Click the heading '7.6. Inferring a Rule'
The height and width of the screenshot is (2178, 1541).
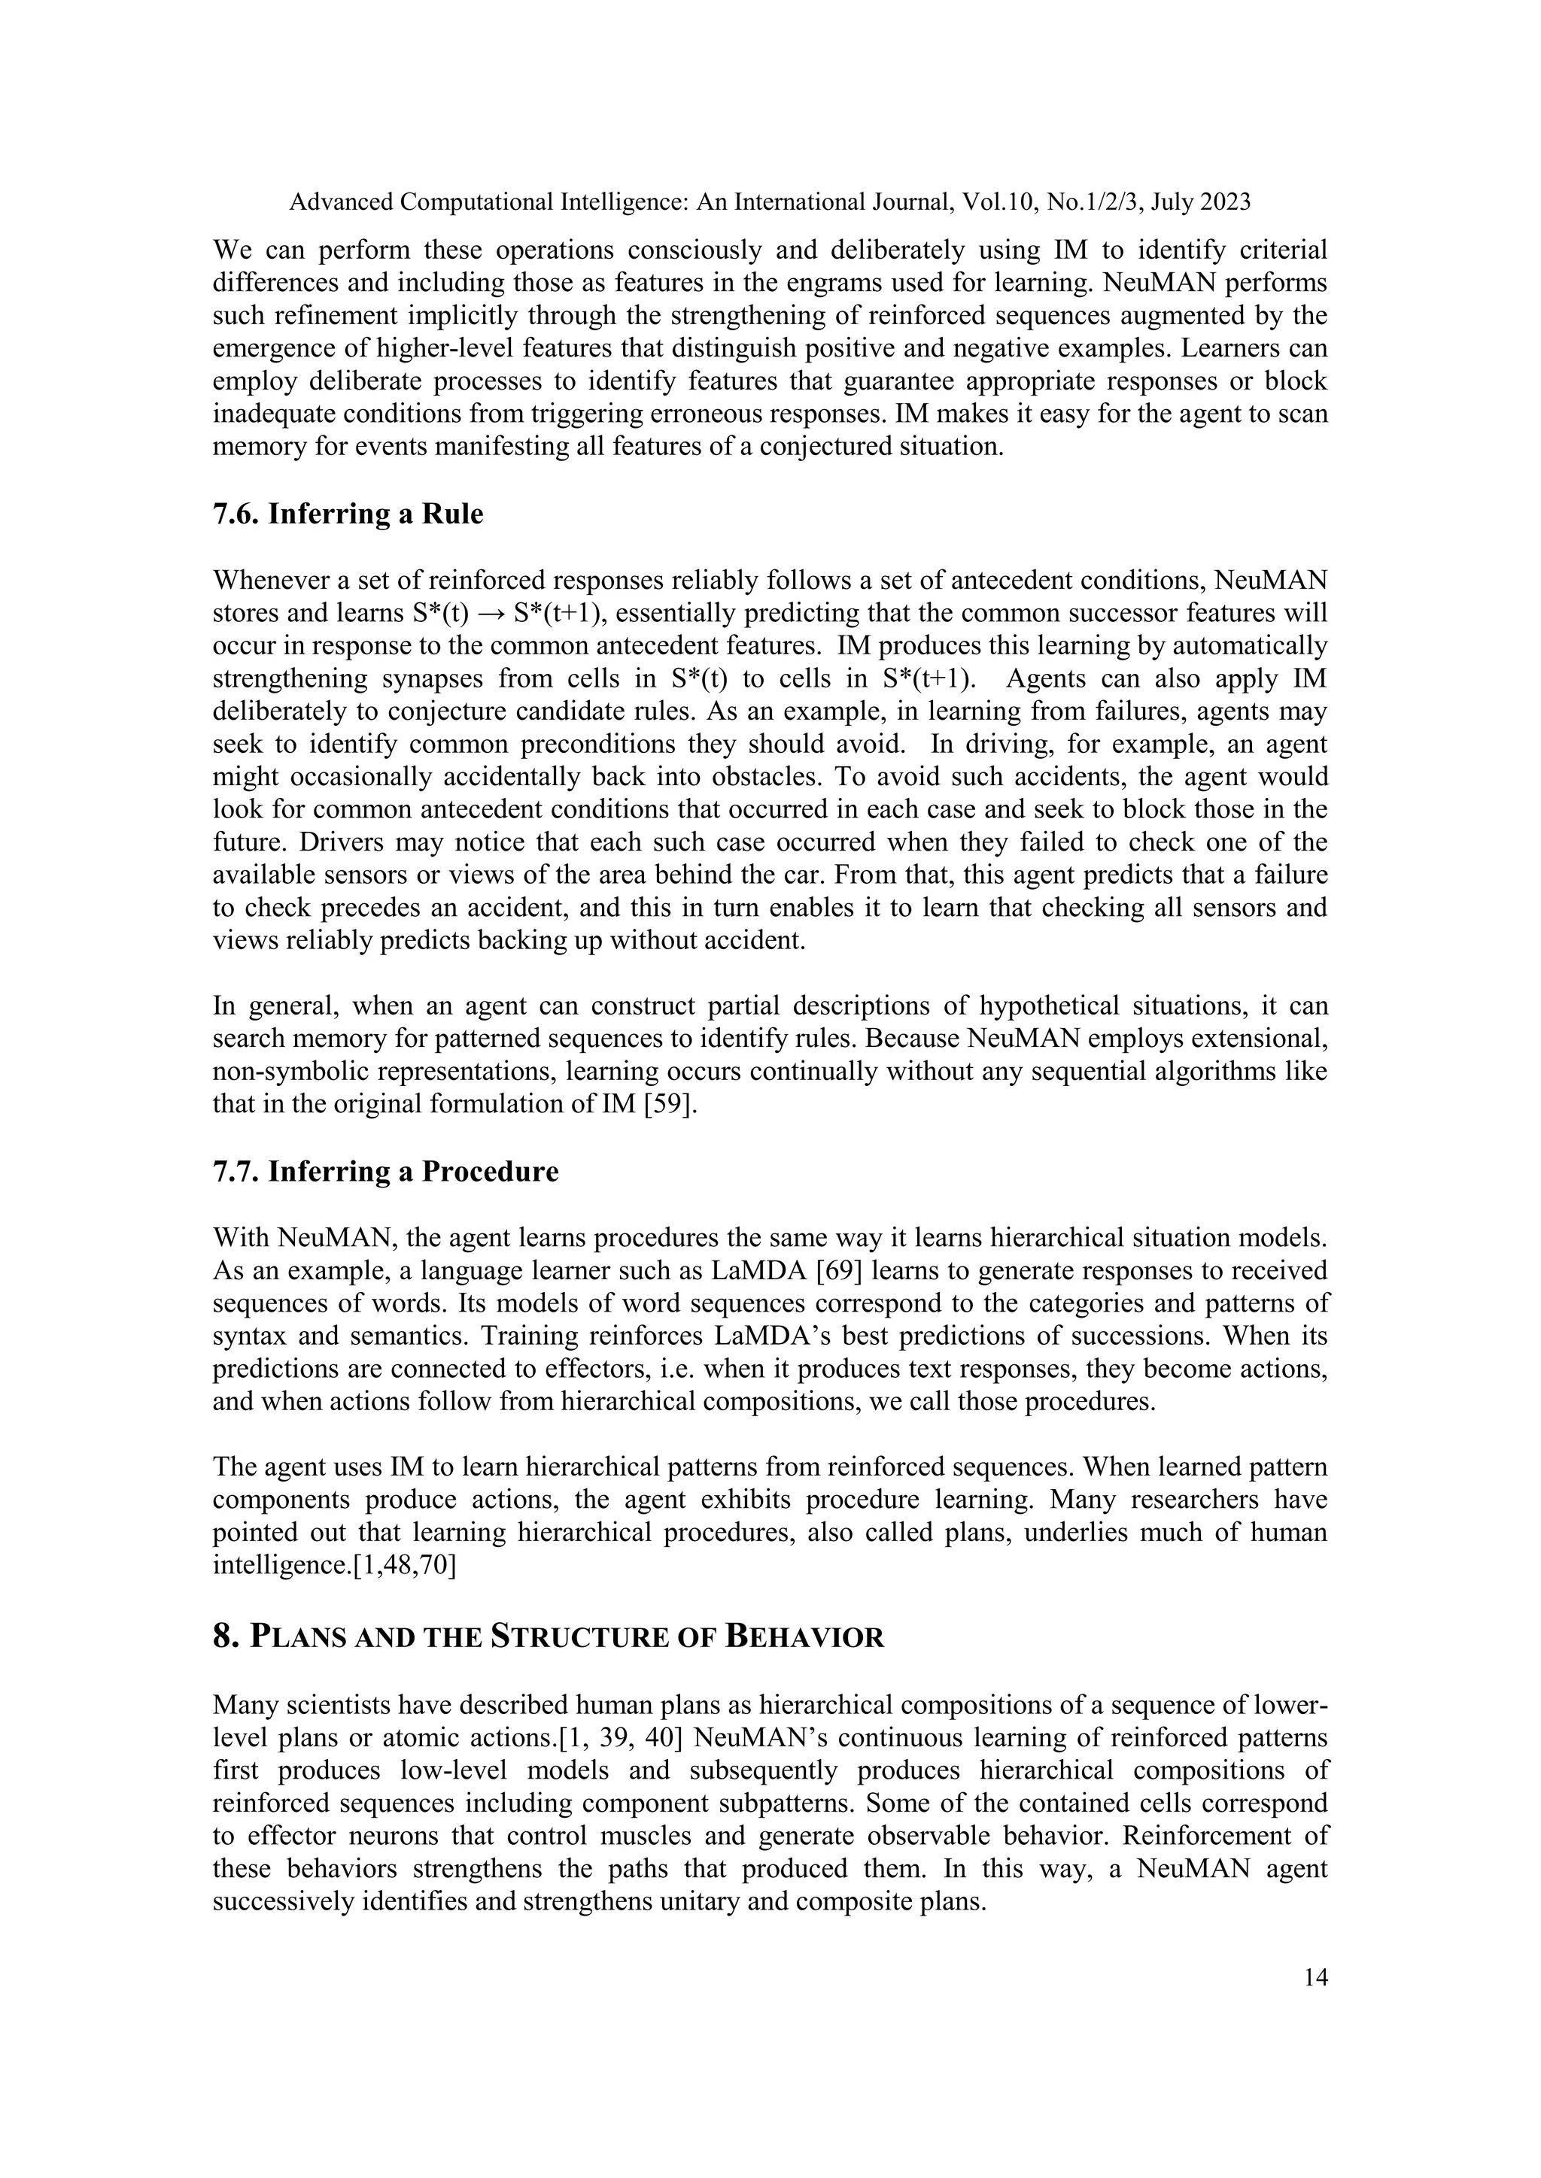click(x=348, y=514)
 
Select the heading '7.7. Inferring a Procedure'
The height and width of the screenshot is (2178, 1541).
click(x=385, y=1172)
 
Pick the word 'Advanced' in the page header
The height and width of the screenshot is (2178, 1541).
click(x=341, y=202)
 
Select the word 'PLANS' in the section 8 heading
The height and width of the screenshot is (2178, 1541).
click(x=298, y=1638)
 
